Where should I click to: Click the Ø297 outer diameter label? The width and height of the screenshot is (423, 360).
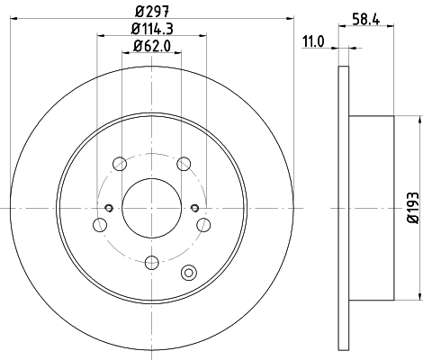coord(152,11)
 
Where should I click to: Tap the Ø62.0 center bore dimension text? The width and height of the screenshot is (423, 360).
coord(152,46)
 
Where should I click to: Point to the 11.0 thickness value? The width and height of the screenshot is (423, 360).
coord(312,41)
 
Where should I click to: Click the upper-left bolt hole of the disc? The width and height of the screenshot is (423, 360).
coord(120,164)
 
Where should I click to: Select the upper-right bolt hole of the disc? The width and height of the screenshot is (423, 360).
coord(184,164)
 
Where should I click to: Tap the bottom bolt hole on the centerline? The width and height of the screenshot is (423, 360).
coord(152,262)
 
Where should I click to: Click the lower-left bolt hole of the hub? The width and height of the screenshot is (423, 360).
coord(100,225)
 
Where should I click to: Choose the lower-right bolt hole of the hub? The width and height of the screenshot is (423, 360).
coord(204,225)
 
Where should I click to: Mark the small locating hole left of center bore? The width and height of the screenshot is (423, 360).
coord(109,209)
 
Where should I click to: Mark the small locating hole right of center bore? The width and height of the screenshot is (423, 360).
coord(195,209)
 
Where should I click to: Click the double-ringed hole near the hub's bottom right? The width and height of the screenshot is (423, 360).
coord(189,274)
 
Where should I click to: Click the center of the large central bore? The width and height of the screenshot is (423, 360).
coord(152,208)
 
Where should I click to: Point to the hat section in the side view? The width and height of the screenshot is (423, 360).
coord(370,208)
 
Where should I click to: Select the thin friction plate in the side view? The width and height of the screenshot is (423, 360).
coord(343,208)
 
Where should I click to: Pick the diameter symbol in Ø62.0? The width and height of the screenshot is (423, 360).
coord(137,46)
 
